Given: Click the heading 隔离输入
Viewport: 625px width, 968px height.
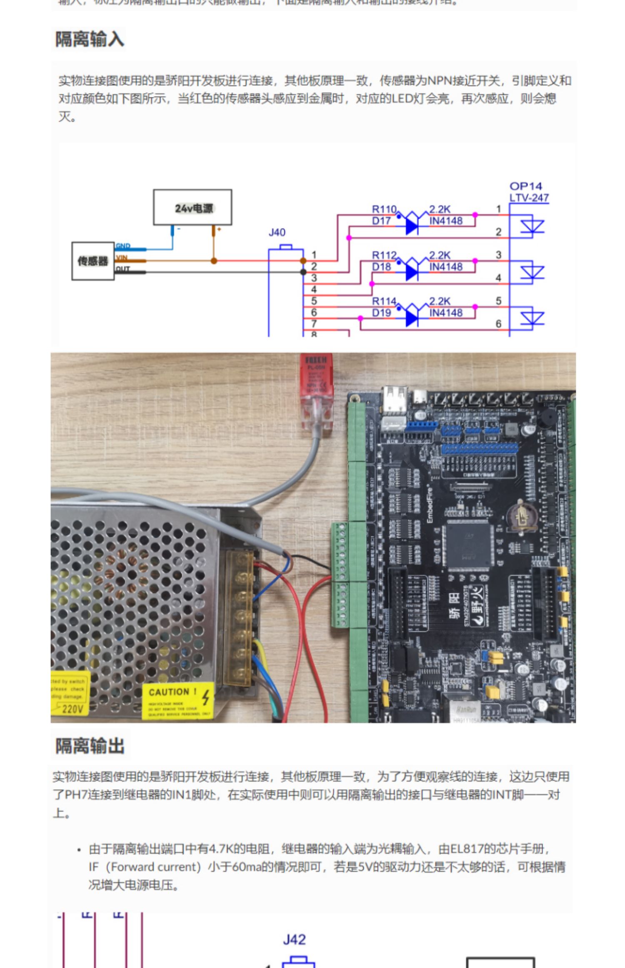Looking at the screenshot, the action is point(90,40).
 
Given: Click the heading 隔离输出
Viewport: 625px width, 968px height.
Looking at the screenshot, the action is point(90,746).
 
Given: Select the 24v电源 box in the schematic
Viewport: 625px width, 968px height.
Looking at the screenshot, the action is point(192,208).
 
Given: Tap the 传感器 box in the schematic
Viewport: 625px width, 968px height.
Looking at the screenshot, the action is point(93,261).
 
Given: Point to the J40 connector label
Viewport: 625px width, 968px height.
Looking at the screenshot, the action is point(277,232).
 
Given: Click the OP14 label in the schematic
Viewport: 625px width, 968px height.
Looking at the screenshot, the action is point(525,186).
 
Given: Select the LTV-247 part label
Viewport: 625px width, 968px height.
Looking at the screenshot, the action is point(529,198).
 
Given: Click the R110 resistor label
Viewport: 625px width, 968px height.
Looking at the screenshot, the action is point(384,209).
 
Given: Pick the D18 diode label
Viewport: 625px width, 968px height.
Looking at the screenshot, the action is point(381,267).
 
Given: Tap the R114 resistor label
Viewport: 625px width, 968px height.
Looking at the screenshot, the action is point(384,301).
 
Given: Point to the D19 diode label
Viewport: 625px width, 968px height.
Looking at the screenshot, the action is point(381,313).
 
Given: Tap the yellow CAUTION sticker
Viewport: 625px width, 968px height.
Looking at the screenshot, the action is point(178,700).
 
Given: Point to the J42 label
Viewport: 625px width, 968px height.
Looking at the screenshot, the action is point(294,939).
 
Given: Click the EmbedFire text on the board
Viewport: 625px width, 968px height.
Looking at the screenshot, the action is point(429,504).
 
